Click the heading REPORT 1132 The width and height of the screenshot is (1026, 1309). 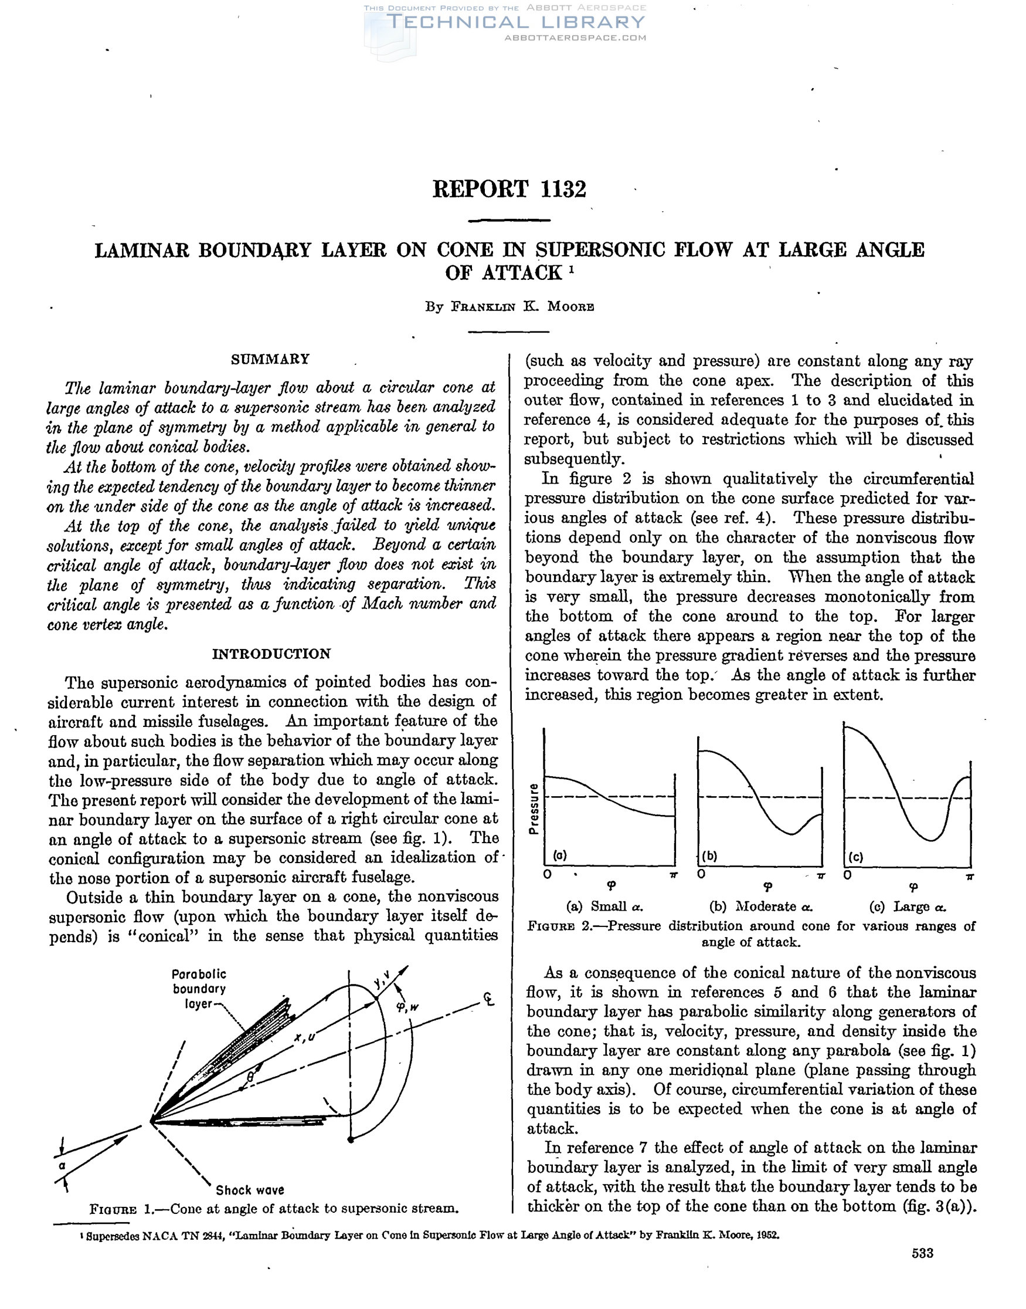(x=509, y=190)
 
